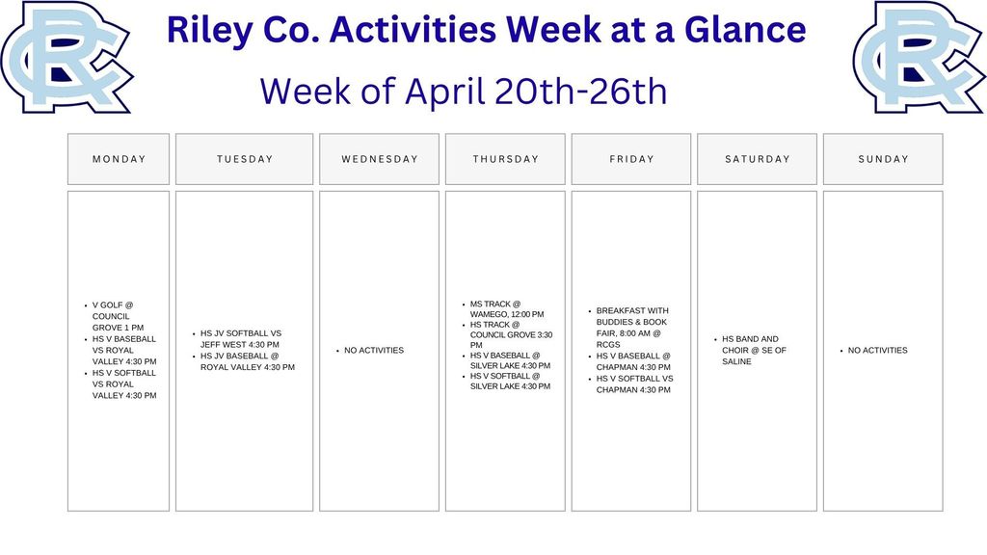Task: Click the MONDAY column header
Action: tap(119, 159)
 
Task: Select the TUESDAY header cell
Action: tap(244, 159)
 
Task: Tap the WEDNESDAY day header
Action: tap(379, 159)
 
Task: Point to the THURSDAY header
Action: tap(505, 159)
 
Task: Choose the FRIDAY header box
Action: tap(631, 159)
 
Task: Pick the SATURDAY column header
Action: tap(758, 159)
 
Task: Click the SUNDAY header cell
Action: tap(883, 159)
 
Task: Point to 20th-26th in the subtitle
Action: tap(580, 91)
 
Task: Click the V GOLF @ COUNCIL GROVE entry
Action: tap(119, 316)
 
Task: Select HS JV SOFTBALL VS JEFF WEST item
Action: tap(241, 339)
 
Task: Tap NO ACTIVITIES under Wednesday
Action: tap(374, 351)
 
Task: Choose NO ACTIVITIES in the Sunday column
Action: tap(877, 351)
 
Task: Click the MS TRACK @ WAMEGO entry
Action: tap(507, 309)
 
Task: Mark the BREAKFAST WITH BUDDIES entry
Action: tap(632, 328)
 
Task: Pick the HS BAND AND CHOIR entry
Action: tap(754, 351)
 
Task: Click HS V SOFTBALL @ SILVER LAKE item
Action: tap(510, 382)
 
